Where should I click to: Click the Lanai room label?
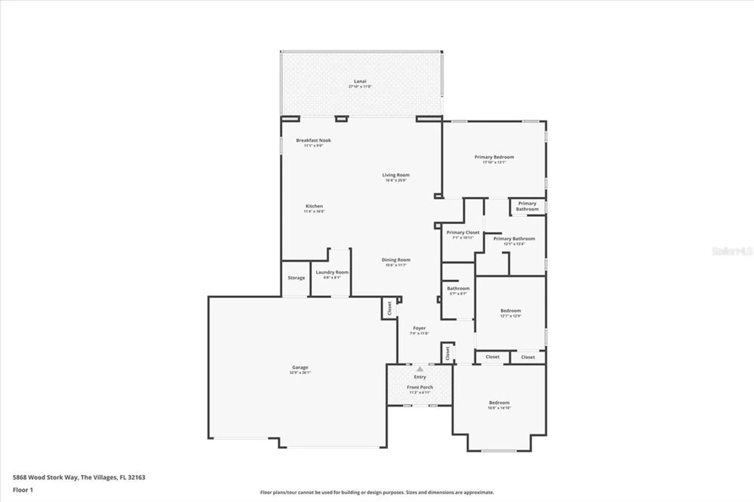[x=360, y=81]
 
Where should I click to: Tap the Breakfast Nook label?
[x=313, y=141]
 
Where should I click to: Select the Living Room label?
[x=395, y=175]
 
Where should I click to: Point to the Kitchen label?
[x=314, y=207]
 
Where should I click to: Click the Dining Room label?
[x=396, y=260]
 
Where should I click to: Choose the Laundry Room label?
[x=332, y=272]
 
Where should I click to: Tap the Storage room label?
[x=296, y=278]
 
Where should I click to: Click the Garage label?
[x=300, y=367]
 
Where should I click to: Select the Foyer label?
[x=419, y=328]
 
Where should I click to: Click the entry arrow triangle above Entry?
[x=420, y=369]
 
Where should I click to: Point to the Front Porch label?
[x=420, y=387]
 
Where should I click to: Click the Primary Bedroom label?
[x=494, y=157]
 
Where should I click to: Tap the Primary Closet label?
[x=463, y=233]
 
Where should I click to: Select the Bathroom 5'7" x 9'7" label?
[x=458, y=289]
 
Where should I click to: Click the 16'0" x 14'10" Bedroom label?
[x=499, y=403]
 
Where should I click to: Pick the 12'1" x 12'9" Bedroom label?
[x=510, y=311]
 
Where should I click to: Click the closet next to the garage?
[x=389, y=308]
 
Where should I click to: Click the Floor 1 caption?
[x=23, y=490]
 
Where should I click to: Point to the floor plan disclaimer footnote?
[x=377, y=493]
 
